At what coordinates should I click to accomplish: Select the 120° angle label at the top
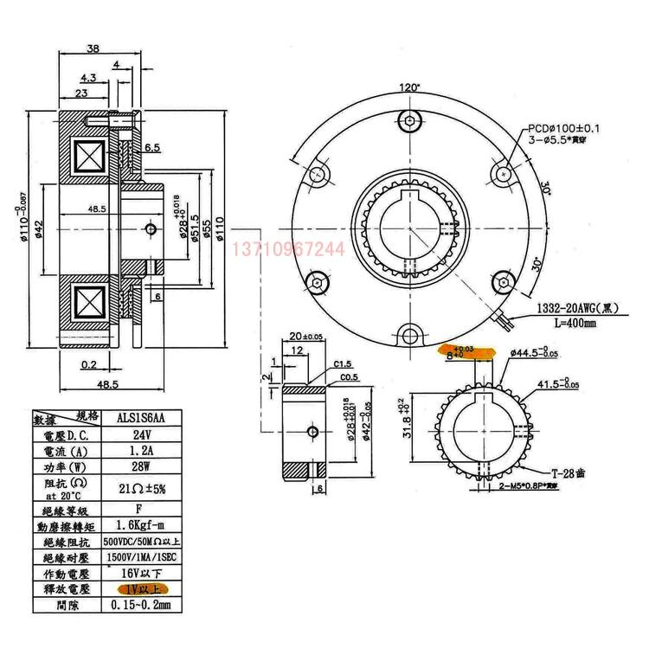(410, 87)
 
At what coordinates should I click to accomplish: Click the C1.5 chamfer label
(344, 363)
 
